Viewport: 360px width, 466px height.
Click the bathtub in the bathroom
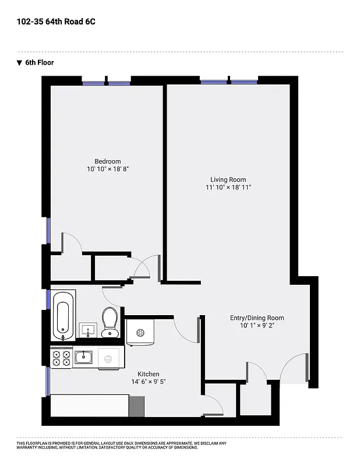tap(63, 315)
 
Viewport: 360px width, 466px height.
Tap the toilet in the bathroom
tap(110, 323)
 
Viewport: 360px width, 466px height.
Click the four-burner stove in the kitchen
tap(61, 357)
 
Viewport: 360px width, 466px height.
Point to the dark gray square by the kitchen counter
tap(136, 405)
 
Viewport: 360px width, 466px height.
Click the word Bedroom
tap(108, 161)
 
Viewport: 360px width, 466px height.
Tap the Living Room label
tap(228, 179)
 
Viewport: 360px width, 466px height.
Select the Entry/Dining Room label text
tap(257, 317)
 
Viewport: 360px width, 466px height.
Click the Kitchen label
tap(149, 374)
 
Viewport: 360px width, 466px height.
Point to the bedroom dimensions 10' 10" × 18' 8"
tap(108, 169)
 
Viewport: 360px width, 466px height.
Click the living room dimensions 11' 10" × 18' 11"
tap(228, 188)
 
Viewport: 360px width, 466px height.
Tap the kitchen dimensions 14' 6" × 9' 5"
tap(149, 382)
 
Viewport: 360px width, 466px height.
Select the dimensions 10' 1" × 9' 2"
tap(257, 326)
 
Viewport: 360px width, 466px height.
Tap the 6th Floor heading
tap(40, 62)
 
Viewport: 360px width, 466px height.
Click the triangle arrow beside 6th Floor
tap(19, 62)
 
